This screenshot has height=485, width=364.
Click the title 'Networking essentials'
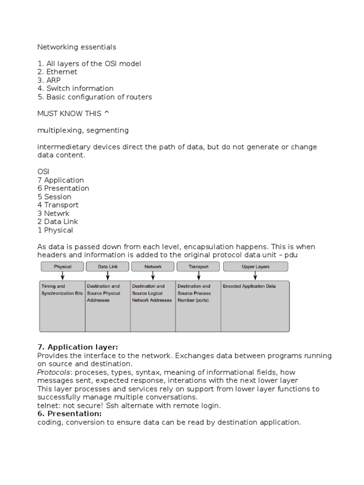pyautogui.click(x=76, y=47)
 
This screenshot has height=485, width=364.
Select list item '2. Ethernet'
pyautogui.click(x=57, y=72)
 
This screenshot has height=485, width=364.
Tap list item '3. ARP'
pyautogui.click(x=49, y=81)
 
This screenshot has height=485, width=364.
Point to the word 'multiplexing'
pyautogui.click(x=59, y=130)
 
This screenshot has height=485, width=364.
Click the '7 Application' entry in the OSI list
pyautogui.click(x=60, y=180)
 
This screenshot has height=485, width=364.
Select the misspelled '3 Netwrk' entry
pyautogui.click(x=53, y=213)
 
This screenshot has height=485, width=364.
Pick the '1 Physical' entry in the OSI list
pyautogui.click(x=55, y=230)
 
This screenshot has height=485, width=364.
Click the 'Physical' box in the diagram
pyautogui.click(x=63, y=267)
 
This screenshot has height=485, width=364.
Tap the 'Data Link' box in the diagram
pyautogui.click(x=108, y=267)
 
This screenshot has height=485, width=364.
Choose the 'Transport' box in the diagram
pyautogui.click(x=198, y=267)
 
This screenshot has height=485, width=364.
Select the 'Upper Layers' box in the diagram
pyautogui.click(x=255, y=267)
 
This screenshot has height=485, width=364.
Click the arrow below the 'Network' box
pyautogui.click(x=153, y=276)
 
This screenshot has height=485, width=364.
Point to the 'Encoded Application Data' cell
pyautogui.click(x=249, y=287)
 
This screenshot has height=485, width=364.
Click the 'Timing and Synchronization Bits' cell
pyautogui.click(x=62, y=290)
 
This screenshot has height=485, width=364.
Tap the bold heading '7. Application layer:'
pyautogui.click(x=77, y=347)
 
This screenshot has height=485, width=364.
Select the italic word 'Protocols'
pyautogui.click(x=54, y=372)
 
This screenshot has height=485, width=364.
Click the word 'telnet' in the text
pyautogui.click(x=47, y=406)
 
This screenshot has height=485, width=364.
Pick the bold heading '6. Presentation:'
pyautogui.click(x=70, y=414)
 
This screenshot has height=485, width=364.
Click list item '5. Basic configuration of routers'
pyautogui.click(x=95, y=97)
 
